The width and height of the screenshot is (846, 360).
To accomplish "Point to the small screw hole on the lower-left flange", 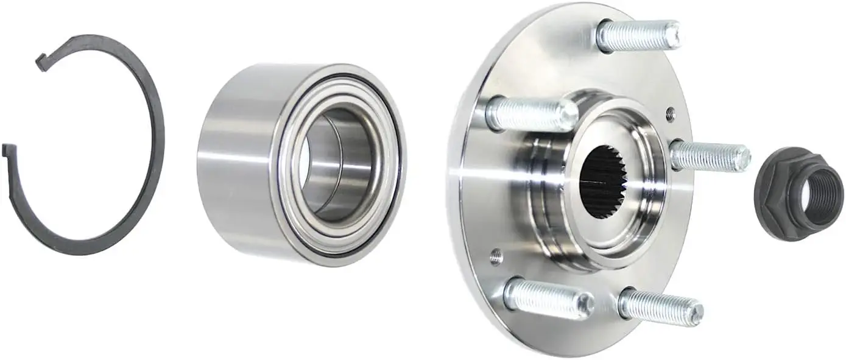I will coord(496,256).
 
